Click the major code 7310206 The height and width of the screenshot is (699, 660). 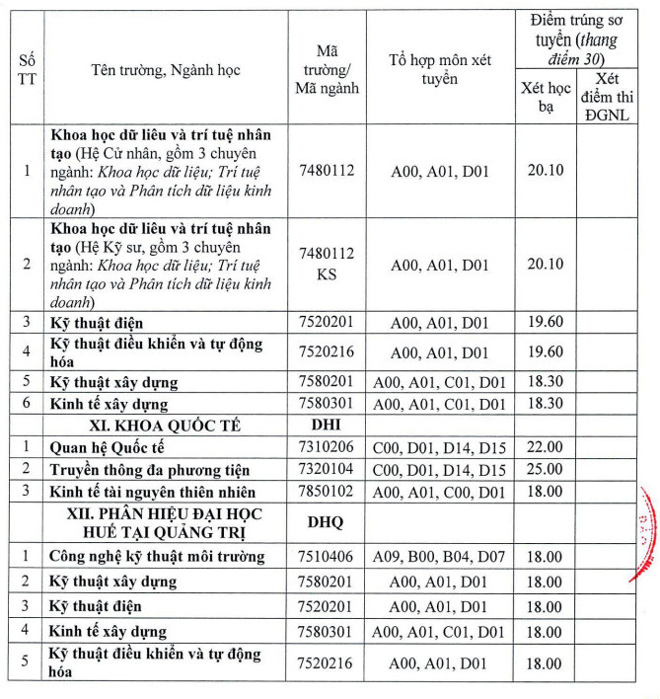[326, 448]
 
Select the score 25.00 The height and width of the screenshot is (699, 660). [545, 470]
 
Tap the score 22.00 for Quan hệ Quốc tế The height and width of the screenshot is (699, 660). [545, 448]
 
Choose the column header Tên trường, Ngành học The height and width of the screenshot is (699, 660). [165, 70]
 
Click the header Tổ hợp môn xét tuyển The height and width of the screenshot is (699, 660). [438, 69]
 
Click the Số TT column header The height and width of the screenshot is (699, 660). [26, 70]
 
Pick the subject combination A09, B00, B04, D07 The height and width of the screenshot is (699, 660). [438, 557]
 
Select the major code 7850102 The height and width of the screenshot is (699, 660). [326, 492]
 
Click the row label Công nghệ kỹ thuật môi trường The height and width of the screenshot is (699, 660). [157, 557]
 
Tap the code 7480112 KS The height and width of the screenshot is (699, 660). [326, 264]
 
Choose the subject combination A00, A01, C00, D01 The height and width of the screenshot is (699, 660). [438, 492]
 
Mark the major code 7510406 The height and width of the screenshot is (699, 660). [326, 557]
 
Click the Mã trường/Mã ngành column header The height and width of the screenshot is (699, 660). [326, 69]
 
